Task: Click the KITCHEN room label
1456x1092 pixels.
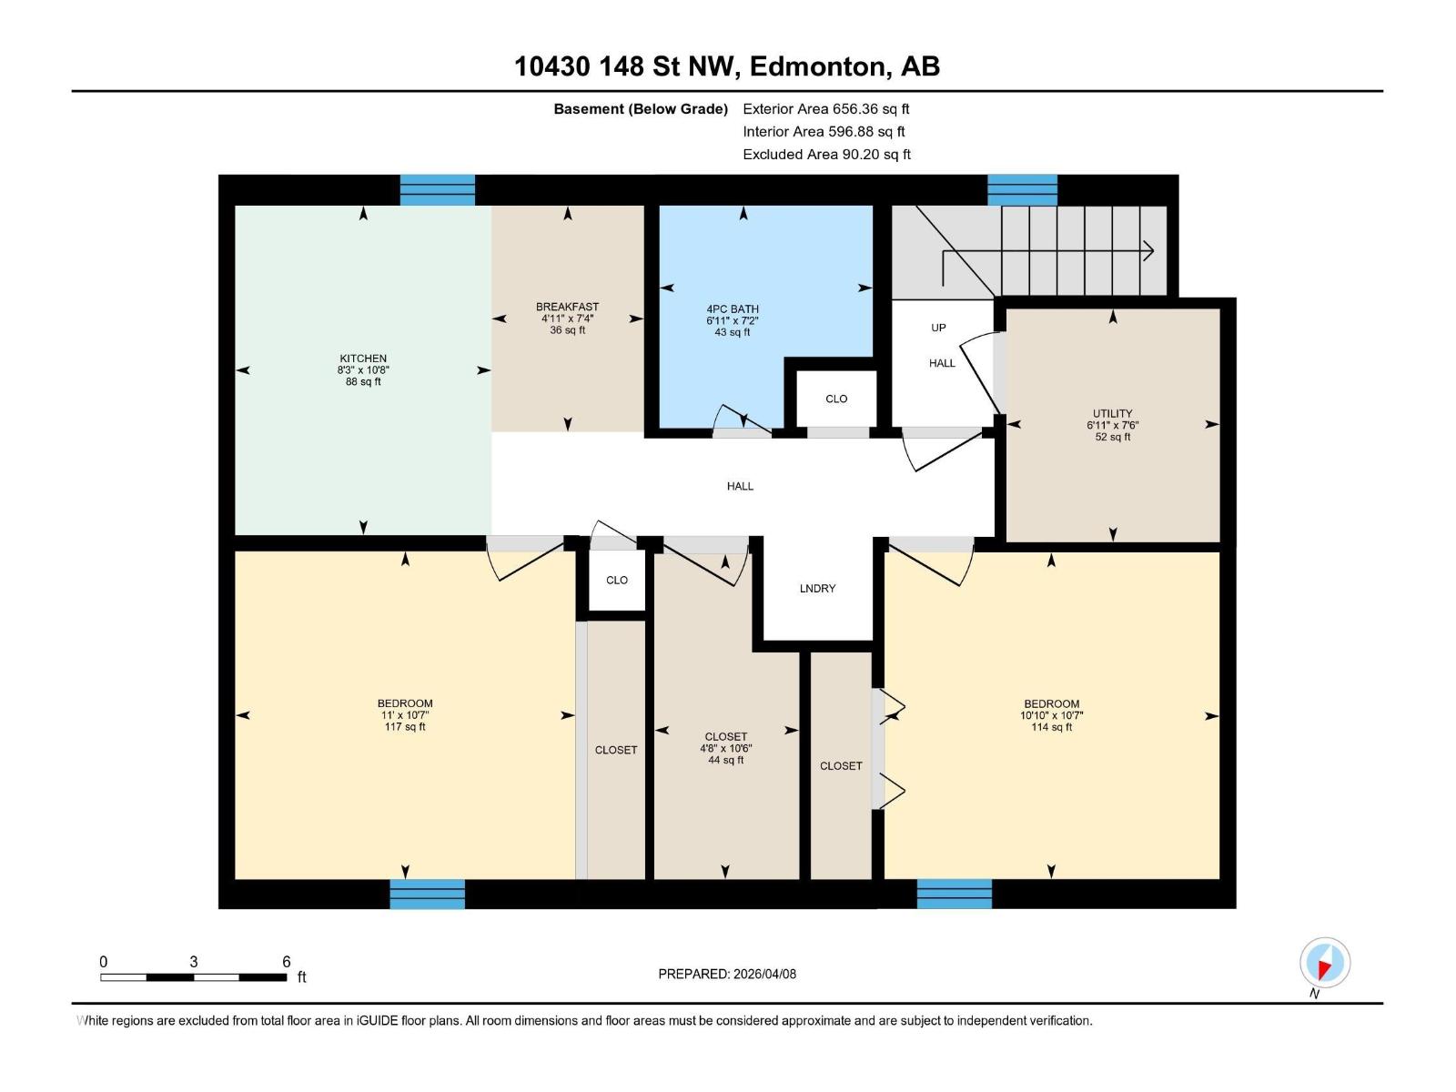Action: tap(363, 359)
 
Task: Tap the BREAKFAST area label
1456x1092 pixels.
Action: tap(567, 307)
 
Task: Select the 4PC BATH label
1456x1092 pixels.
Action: tap(733, 309)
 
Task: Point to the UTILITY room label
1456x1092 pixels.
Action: tap(1112, 413)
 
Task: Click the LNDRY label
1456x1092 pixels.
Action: tap(817, 589)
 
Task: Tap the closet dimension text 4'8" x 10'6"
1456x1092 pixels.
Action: tap(725, 748)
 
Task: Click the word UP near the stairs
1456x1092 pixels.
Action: tap(938, 328)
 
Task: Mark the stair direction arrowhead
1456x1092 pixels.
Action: tap(1149, 250)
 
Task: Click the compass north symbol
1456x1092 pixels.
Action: tap(1324, 963)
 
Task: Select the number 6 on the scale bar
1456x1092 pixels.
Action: tap(287, 962)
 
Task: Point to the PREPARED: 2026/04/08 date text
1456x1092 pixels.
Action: tap(727, 974)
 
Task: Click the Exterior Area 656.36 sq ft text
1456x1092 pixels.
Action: tap(825, 108)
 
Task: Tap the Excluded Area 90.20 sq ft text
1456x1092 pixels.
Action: tap(826, 154)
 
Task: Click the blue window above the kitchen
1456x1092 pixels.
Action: tap(438, 189)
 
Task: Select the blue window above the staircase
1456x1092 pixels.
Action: tap(1022, 189)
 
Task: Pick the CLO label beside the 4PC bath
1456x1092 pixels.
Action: tap(836, 399)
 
